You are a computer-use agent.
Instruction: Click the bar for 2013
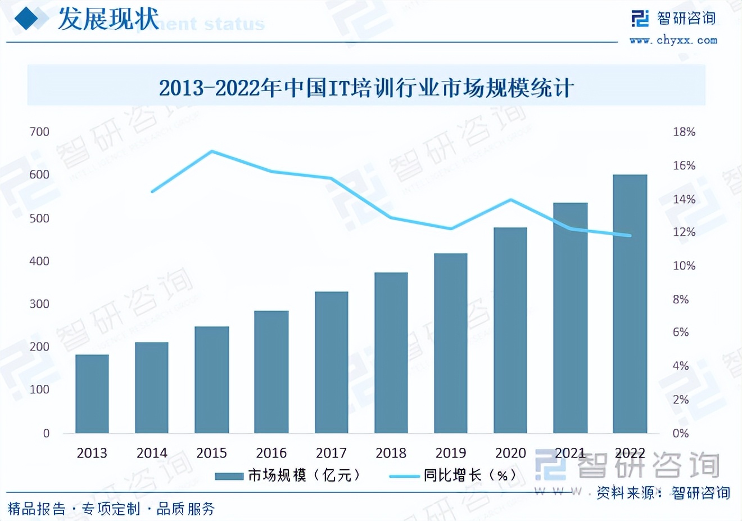tap(92, 394)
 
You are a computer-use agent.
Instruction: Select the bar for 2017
tap(331, 362)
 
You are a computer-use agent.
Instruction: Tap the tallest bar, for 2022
tap(630, 304)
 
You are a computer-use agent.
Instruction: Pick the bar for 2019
tap(450, 343)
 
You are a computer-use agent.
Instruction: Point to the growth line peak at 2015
tap(212, 151)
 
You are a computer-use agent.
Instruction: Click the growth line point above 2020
tap(510, 200)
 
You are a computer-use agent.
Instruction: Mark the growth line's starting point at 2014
tap(152, 192)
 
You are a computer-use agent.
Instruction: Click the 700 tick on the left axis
tap(39, 132)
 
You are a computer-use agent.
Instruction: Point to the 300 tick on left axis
tap(39, 304)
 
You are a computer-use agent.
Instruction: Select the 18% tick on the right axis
tap(684, 132)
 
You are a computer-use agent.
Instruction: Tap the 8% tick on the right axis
tap(681, 299)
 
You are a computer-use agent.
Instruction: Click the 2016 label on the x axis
tap(272, 453)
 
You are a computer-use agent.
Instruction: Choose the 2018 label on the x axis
tap(391, 453)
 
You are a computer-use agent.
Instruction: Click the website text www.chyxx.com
tap(673, 40)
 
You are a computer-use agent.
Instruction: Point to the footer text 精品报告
tap(37, 509)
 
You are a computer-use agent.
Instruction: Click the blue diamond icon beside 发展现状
tap(26, 19)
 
